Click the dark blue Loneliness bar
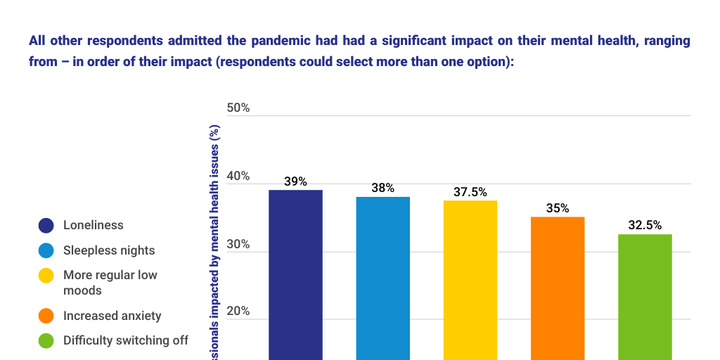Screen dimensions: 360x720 tap(295, 274)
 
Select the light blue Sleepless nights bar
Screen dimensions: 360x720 tap(382, 278)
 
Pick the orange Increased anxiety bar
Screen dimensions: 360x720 tap(557, 288)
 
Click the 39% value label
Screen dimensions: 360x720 tap(295, 181)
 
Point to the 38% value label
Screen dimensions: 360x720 tap(382, 188)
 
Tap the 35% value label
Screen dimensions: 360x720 tap(557, 209)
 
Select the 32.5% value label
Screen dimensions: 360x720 tap(644, 226)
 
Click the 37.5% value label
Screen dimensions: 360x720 tap(470, 192)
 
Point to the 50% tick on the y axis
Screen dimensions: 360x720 tap(238, 108)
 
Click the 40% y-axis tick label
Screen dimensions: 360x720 tap(238, 176)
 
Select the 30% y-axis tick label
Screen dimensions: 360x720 tap(238, 244)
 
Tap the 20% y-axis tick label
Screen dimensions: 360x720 tap(238, 311)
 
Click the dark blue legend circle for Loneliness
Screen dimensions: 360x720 tap(46, 226)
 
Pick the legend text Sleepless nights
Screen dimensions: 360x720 tap(109, 250)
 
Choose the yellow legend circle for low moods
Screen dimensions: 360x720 tap(46, 276)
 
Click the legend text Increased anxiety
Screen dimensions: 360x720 tap(112, 316)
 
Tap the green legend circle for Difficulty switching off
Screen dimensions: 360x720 tap(46, 341)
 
